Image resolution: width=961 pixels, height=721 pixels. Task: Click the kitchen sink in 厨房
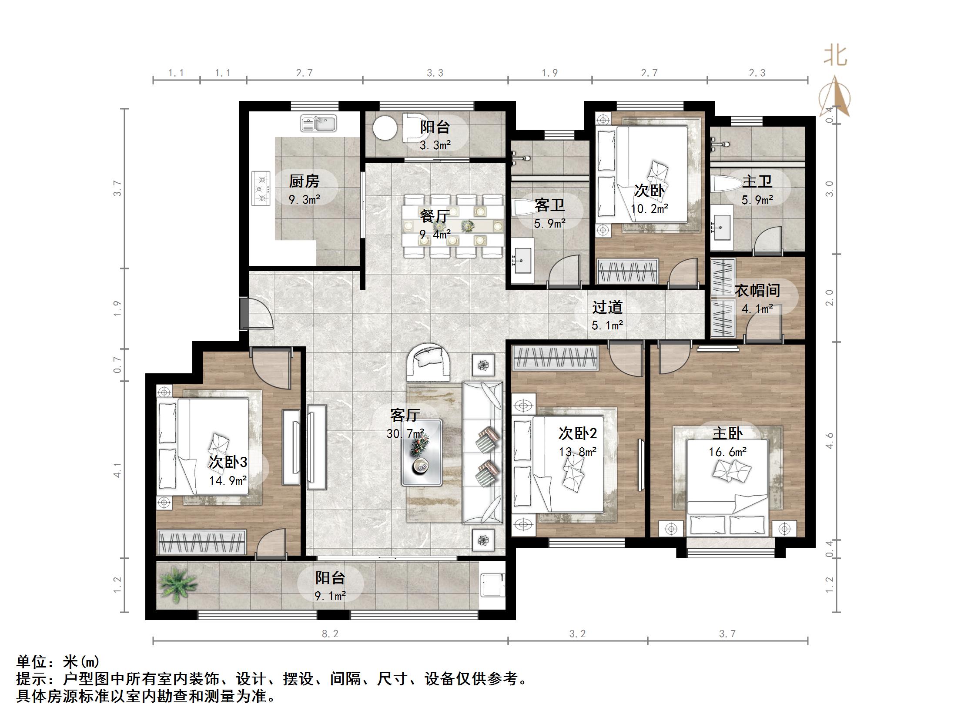[318, 124]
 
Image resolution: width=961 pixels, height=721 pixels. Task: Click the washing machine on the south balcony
[493, 585]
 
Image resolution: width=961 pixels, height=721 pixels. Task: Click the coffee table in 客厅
[422, 453]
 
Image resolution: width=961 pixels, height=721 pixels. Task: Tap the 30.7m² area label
[405, 434]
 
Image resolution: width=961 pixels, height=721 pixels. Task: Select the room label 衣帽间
[757, 290]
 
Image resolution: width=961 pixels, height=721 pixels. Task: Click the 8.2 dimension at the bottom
[330, 634]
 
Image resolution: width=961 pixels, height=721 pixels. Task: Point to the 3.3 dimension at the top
[435, 73]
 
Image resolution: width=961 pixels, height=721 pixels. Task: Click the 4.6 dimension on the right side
[830, 440]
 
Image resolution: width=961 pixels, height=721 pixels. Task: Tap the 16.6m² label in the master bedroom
[727, 452]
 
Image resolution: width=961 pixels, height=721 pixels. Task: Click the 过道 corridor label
[607, 307]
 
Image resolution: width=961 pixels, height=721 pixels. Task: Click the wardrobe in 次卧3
[202, 542]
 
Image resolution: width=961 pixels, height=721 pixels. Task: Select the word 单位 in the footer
[32, 662]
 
